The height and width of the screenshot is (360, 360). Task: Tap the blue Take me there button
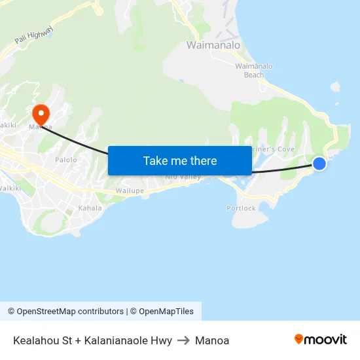click(x=180, y=160)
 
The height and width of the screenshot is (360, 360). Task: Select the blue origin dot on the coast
click(x=319, y=163)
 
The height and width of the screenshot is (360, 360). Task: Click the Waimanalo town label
click(x=213, y=46)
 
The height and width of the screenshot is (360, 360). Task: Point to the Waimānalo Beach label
click(x=249, y=70)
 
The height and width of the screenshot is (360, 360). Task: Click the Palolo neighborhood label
click(x=66, y=160)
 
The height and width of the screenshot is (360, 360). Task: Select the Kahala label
click(x=90, y=208)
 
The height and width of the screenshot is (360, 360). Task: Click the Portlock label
click(x=242, y=208)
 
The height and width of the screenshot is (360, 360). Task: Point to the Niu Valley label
click(x=183, y=177)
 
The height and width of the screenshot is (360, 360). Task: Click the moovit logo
click(x=321, y=339)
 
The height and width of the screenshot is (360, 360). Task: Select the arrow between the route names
click(x=183, y=340)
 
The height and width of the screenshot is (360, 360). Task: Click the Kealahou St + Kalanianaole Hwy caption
click(x=92, y=340)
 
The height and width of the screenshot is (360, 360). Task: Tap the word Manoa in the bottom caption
click(x=212, y=340)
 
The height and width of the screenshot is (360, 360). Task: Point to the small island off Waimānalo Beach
click(x=336, y=86)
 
